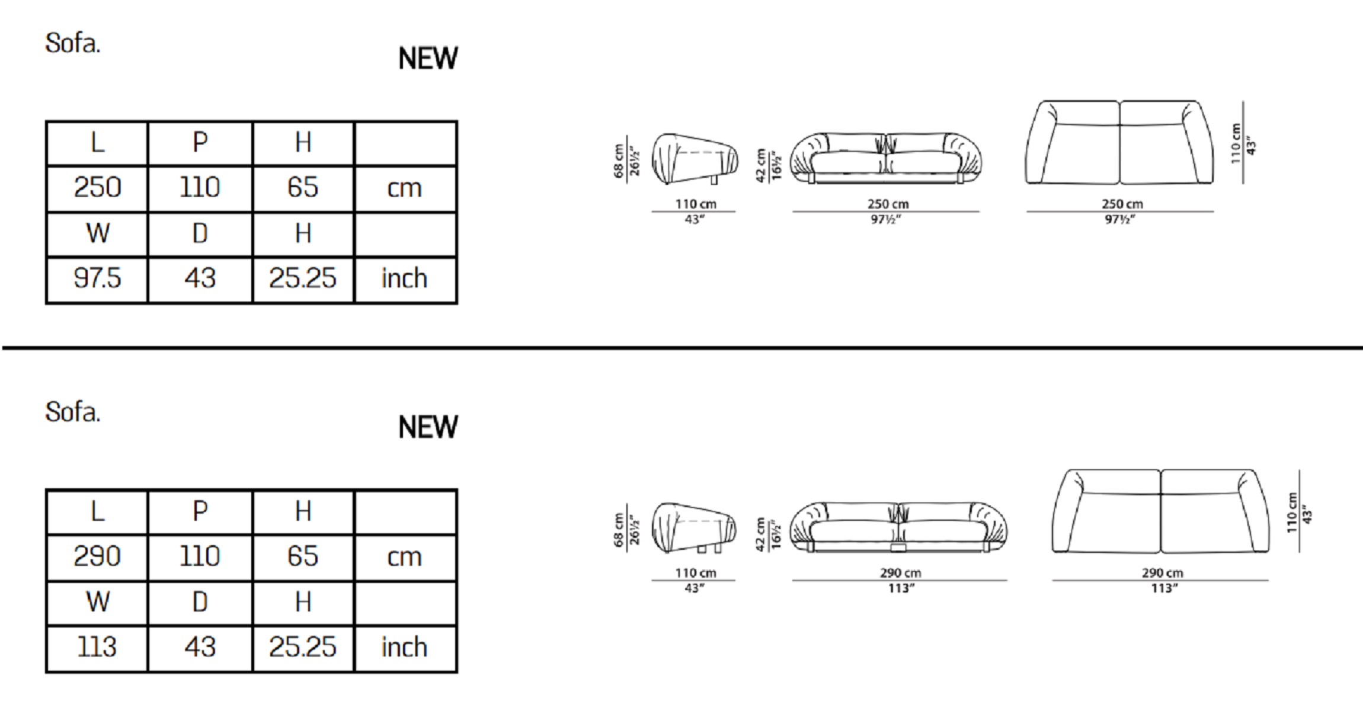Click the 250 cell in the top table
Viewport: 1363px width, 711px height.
97,188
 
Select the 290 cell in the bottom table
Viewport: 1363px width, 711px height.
97,557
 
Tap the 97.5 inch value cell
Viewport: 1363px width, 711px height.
97,279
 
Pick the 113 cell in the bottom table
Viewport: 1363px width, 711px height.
97,648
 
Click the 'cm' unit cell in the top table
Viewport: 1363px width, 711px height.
405,188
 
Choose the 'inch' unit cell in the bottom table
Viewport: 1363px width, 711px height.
405,648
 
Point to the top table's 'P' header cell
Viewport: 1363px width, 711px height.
200,143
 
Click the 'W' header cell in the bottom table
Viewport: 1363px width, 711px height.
97,603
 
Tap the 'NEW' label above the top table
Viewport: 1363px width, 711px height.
428,59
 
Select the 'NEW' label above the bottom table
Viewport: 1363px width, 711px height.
428,427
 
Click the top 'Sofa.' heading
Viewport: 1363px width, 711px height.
72,43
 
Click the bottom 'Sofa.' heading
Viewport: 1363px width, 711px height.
72,412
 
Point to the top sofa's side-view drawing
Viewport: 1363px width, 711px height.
695,159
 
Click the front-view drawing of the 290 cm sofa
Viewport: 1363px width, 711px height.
900,527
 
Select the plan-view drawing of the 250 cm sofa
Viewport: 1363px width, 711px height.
1119,142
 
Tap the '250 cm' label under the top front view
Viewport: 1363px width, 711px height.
888,204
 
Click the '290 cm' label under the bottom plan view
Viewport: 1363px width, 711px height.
1162,573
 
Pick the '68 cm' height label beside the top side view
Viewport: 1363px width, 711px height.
619,161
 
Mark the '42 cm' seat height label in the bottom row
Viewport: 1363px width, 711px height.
761,534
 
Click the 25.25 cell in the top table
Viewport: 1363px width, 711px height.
303,279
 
